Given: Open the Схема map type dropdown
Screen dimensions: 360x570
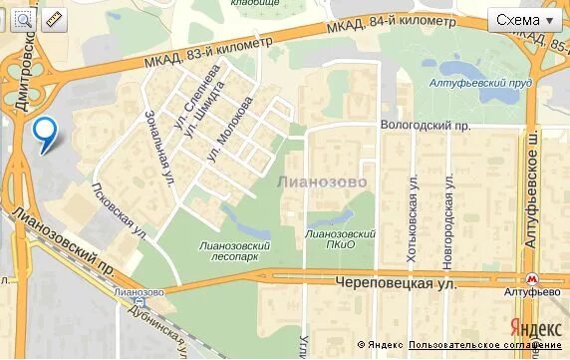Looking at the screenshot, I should pos(526,20).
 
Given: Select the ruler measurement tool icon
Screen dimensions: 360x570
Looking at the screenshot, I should pos(53,19).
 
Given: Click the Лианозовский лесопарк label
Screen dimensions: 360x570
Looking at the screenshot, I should pos(235,251).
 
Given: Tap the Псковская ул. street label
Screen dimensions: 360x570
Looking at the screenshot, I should pos(118,209).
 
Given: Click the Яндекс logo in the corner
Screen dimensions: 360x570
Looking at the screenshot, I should pos(535,327).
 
